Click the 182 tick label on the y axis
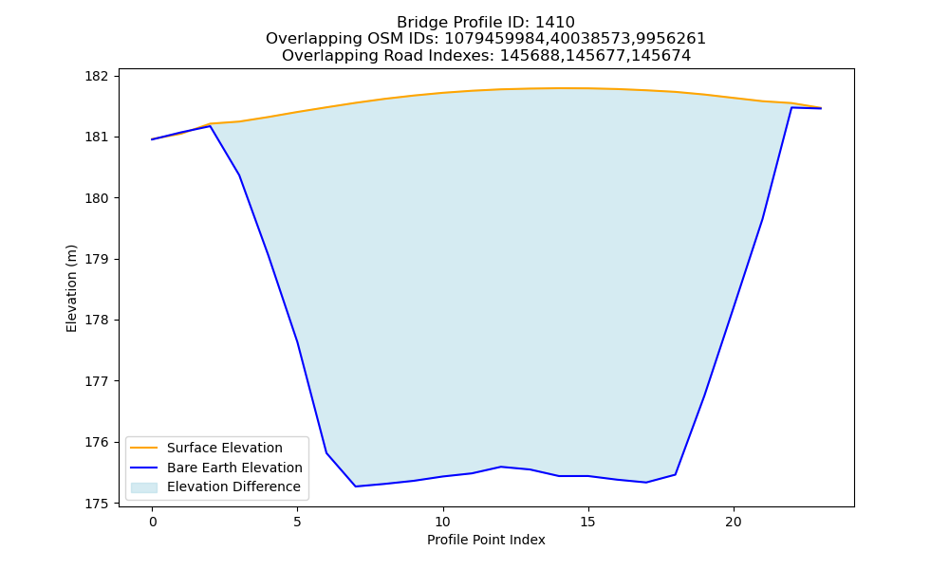coord(96,76)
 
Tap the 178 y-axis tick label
coord(96,320)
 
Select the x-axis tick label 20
coord(733,522)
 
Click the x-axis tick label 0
coord(153,522)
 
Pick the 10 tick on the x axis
coord(443,522)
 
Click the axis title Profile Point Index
coord(486,540)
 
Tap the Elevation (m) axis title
coord(72,288)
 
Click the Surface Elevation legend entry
coord(225,448)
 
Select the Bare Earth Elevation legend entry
coord(234,468)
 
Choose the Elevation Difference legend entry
coord(233,486)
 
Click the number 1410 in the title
coord(555,23)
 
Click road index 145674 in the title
coord(661,56)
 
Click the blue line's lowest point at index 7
coord(355,486)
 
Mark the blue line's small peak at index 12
coord(501,467)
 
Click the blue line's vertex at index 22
coord(791,107)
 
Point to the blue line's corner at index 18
coord(676,475)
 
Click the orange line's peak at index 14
coord(559,88)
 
